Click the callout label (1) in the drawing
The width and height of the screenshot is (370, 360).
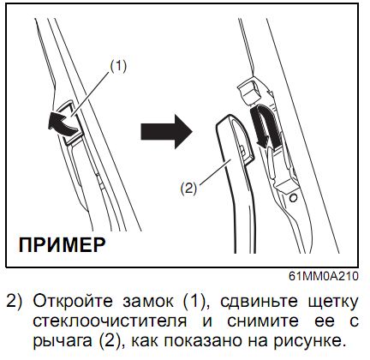coord(118,67)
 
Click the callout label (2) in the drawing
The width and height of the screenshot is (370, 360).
coord(188,189)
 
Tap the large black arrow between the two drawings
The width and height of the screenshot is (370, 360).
coord(167,132)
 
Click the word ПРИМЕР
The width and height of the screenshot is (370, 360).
coord(62,245)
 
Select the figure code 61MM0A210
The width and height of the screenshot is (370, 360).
coord(324,277)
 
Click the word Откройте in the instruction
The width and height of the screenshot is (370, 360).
coord(73,301)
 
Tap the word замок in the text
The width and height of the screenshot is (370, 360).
coord(148,302)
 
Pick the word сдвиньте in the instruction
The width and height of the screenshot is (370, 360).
coord(259,301)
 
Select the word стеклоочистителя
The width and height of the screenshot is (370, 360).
coord(110,321)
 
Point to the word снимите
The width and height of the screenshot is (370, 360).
coord(263,321)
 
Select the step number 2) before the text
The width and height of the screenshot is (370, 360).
coord(14,302)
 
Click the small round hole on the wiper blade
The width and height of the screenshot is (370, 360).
coord(293,197)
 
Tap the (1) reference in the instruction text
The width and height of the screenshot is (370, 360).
coord(194,302)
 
